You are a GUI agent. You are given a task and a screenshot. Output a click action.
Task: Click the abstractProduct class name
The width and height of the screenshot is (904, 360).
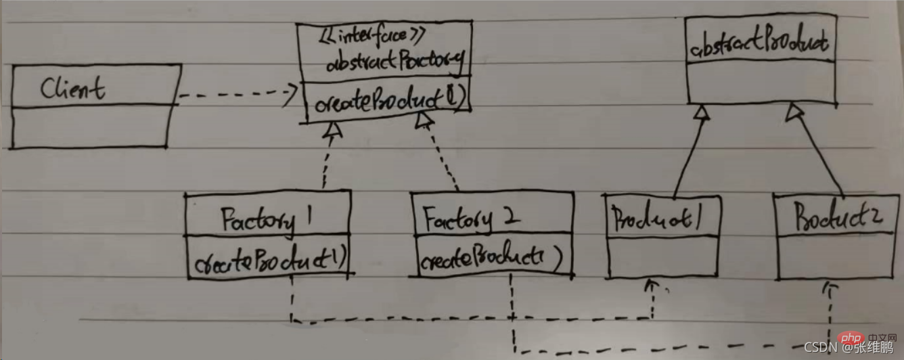point(759,45)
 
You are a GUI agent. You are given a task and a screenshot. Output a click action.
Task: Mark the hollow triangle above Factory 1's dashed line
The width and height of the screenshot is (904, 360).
point(333,131)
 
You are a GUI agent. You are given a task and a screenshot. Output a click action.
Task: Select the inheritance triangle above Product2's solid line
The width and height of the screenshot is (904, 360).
point(794,112)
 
